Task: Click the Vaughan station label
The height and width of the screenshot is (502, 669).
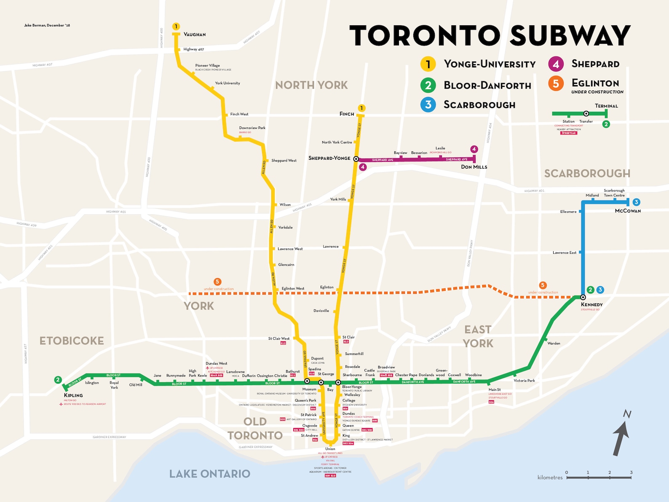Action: [195, 35]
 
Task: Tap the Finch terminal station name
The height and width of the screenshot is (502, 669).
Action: [347, 114]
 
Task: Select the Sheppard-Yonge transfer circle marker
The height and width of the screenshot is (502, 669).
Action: [356, 159]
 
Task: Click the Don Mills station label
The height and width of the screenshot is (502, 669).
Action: [474, 167]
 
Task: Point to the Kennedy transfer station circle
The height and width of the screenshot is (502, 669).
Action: [583, 297]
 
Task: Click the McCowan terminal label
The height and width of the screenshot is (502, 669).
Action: [628, 211]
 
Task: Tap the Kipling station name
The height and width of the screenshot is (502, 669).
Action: [73, 395]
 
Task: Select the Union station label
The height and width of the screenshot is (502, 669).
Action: [330, 449]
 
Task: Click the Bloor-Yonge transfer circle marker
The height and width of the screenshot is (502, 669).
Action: [338, 382]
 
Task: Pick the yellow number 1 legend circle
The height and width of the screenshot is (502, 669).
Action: [428, 64]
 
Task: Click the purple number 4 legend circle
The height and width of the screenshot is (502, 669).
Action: [556, 64]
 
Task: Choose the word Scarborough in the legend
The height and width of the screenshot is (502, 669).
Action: [479, 105]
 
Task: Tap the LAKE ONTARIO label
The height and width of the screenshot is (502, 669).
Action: [209, 474]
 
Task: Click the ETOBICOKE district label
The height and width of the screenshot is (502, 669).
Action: [72, 341]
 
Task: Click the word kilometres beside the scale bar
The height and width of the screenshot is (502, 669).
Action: [550, 478]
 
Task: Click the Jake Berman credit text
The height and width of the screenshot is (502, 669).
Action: [47, 25]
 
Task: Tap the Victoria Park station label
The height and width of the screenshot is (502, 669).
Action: [524, 381]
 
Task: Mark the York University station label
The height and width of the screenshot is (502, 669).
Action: [227, 83]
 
